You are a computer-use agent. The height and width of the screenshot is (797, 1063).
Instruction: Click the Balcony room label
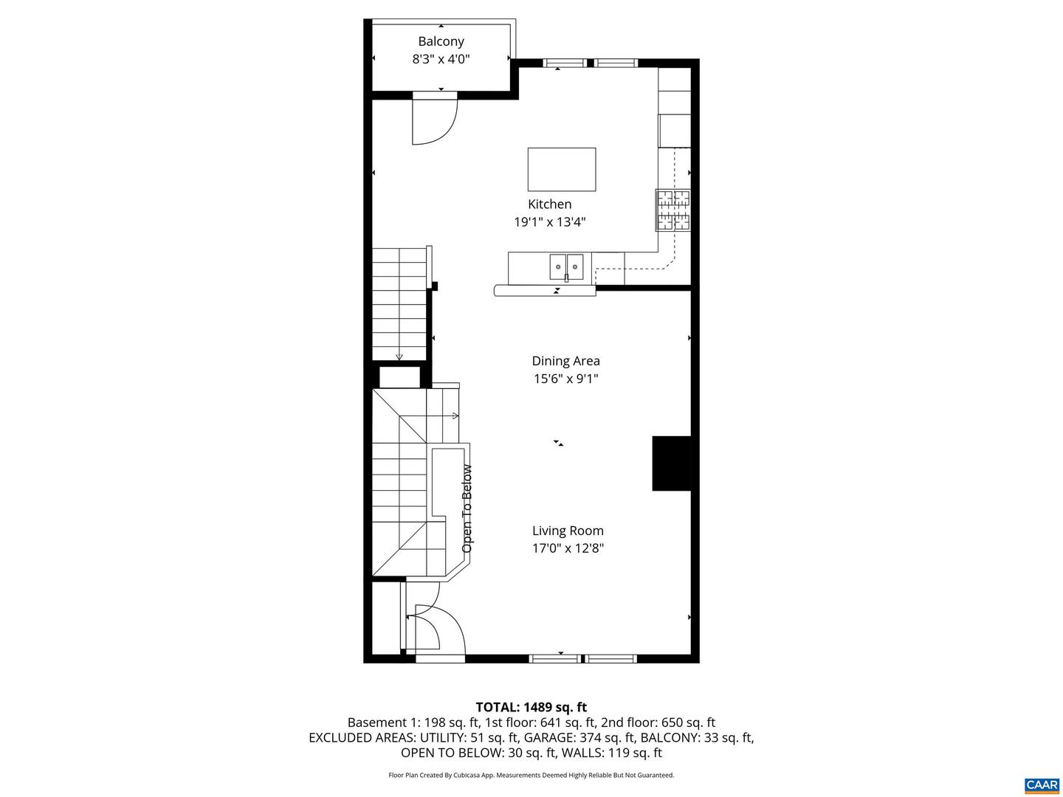click(441, 41)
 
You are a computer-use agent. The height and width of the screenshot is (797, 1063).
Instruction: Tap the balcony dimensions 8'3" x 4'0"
click(441, 59)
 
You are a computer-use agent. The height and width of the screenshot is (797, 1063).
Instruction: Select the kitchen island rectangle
click(561, 169)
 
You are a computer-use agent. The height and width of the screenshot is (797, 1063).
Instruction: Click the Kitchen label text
click(549, 204)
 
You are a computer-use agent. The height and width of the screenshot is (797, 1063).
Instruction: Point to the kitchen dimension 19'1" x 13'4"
click(549, 222)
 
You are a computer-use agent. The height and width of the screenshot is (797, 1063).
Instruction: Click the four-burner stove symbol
click(673, 210)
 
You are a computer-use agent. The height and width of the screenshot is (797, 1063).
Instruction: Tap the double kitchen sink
click(566, 266)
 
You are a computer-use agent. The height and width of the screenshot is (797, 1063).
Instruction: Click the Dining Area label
click(565, 361)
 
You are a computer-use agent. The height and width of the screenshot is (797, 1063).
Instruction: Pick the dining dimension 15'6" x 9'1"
click(565, 379)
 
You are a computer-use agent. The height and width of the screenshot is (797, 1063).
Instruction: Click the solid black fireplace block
click(672, 463)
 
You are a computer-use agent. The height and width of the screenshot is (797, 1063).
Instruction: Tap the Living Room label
click(568, 531)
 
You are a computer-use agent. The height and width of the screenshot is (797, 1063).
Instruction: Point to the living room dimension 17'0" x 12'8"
click(568, 548)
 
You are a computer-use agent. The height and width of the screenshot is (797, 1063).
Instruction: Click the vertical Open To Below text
click(467, 508)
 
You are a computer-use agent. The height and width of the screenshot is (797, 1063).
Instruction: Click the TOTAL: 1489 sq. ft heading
click(531, 707)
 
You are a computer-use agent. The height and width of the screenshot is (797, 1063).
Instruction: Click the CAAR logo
click(1042, 784)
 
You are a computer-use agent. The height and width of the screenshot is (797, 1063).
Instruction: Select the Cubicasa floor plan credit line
click(531, 775)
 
